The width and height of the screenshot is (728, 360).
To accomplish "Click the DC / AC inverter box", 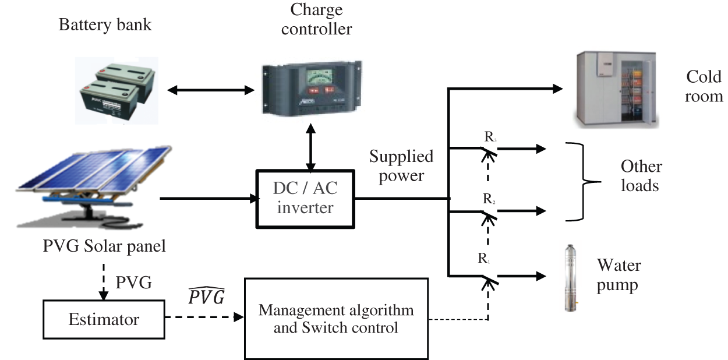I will [305, 199].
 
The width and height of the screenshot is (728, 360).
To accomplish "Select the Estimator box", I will [104, 319].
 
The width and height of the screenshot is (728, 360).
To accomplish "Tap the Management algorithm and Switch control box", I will [335, 318].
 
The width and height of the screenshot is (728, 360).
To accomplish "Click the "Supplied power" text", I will [401, 166].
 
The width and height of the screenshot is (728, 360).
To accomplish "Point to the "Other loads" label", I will [641, 176].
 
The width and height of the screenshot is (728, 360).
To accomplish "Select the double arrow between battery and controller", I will [211, 90].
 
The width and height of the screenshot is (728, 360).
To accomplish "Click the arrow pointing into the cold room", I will [504, 89].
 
